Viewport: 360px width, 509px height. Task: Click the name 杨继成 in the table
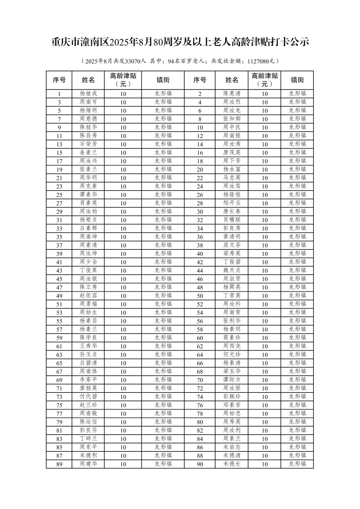click(x=88, y=93)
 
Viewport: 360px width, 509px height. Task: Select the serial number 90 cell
click(x=200, y=464)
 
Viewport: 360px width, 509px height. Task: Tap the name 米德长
click(x=232, y=464)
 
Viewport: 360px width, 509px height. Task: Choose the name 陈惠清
click(x=232, y=93)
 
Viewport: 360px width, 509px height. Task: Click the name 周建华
click(x=88, y=464)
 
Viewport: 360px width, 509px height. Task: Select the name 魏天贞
click(x=232, y=270)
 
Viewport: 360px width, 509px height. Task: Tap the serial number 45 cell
click(x=59, y=279)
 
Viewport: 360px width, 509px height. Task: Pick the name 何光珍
click(x=232, y=354)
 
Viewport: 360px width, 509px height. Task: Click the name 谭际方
click(x=232, y=380)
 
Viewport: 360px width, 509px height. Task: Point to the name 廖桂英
click(x=88, y=388)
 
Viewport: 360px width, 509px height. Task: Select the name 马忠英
click(x=232, y=177)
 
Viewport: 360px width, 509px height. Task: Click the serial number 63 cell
click(x=59, y=355)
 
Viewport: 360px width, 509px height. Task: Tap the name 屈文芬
click(x=232, y=245)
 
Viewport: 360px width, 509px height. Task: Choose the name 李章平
click(x=88, y=380)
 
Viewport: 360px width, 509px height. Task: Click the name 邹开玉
click(x=232, y=203)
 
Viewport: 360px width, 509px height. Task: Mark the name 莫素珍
click(x=232, y=338)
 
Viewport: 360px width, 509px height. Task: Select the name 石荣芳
click(x=88, y=144)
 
